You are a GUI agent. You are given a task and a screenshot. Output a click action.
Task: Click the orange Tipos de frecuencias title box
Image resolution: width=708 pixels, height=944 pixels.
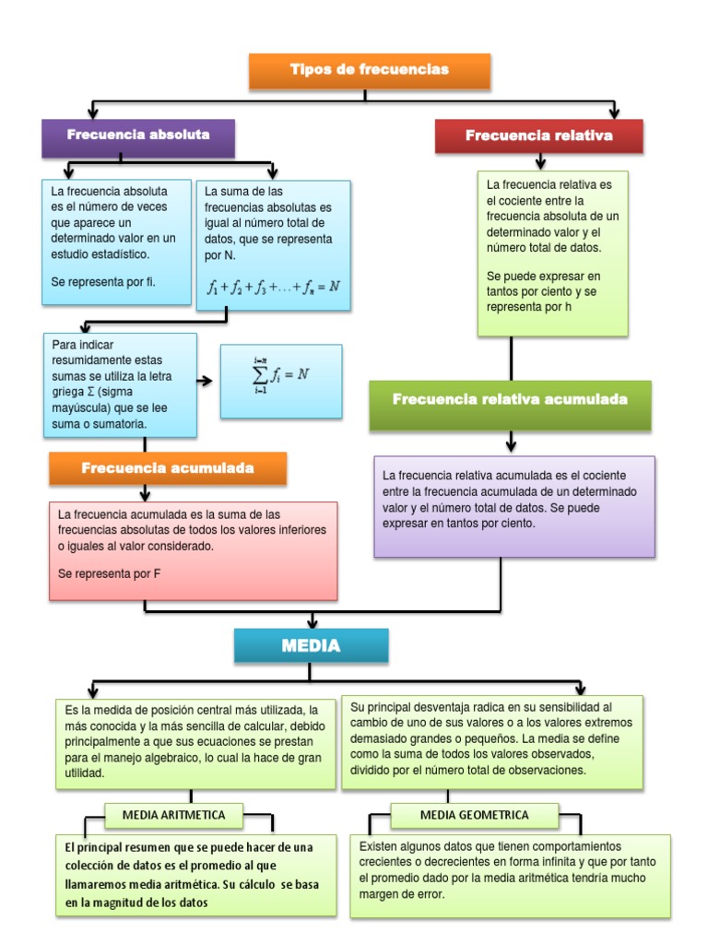coord(369,70)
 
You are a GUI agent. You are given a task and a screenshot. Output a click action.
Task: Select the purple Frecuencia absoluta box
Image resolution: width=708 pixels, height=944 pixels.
coord(138,136)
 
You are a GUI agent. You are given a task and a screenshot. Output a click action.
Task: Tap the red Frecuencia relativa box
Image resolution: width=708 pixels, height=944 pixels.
coord(538,136)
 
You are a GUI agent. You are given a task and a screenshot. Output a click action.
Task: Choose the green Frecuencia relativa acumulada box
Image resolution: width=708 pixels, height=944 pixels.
coord(510,401)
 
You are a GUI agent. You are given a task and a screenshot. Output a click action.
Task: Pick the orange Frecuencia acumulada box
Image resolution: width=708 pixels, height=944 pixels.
coord(168,468)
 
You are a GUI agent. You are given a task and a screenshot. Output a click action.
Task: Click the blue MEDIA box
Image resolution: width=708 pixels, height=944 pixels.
coord(311,646)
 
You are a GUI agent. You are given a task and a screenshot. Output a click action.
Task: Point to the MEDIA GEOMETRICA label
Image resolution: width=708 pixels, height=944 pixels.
coord(474,815)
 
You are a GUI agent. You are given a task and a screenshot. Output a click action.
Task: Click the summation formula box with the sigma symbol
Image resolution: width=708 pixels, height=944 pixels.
coord(281,381)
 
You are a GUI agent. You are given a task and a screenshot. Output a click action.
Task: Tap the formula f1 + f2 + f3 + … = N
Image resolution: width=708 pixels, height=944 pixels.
coord(274,286)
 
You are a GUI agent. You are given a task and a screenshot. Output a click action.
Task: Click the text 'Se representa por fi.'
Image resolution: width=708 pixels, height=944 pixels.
coord(104,282)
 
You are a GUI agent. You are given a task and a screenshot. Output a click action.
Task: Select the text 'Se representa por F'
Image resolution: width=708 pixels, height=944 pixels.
coord(110,573)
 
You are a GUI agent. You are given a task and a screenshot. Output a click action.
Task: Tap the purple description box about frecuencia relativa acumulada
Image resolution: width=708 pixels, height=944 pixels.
coord(514,506)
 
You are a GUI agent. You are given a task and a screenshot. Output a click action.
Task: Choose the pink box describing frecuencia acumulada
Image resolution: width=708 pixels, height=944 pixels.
coord(193,550)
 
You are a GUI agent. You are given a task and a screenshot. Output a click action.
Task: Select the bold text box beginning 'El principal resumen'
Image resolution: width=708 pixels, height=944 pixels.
coord(195,875)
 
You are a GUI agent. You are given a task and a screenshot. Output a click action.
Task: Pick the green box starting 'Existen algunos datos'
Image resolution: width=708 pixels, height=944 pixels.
coord(510,876)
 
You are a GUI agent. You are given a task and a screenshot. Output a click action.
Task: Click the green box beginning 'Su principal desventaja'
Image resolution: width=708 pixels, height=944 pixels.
coord(492,741)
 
